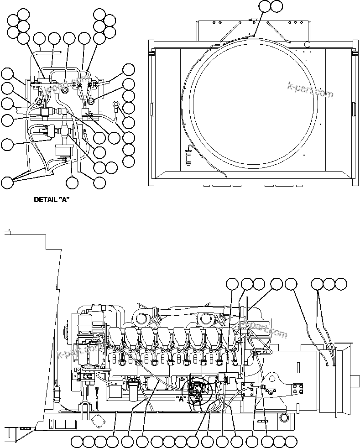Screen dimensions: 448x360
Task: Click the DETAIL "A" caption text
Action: [x=52, y=199]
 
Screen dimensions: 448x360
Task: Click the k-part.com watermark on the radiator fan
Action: [x=310, y=89]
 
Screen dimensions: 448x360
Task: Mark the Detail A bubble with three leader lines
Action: [x=7, y=182]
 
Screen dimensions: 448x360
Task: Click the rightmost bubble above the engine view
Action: [x=340, y=284]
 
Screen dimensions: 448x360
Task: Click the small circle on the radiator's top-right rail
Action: [x=307, y=44]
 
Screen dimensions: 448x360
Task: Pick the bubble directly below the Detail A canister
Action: [x=72, y=182]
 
